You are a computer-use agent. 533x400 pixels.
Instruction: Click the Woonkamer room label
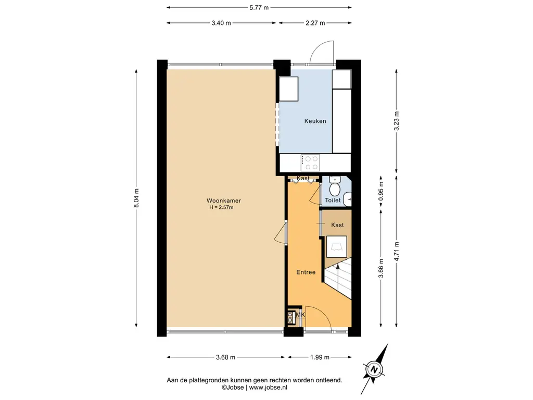tap(224, 201)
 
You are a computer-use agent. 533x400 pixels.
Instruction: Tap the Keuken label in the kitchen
tap(315, 121)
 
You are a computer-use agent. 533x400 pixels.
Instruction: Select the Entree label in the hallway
tap(306, 272)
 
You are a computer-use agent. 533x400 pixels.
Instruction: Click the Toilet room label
tap(333, 201)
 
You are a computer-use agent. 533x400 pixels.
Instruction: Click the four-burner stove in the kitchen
tap(310, 162)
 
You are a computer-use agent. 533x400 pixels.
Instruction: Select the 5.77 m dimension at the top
tap(259, 7)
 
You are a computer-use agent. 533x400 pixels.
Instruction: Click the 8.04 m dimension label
tap(136, 198)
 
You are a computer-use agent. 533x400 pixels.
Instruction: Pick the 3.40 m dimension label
tap(221, 23)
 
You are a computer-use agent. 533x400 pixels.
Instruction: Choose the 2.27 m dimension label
tap(315, 23)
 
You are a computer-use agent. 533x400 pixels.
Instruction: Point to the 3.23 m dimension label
tap(396, 121)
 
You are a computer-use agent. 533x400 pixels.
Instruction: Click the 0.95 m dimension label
tap(381, 191)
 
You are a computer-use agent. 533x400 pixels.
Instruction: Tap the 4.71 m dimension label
tap(396, 252)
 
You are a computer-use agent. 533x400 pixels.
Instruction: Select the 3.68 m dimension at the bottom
tap(226, 357)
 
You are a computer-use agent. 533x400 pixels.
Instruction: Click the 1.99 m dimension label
tap(320, 357)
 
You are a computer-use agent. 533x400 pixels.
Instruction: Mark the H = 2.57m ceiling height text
tap(221, 207)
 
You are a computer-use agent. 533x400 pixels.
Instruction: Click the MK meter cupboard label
tap(300, 315)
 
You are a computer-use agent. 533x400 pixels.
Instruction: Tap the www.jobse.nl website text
tap(268, 387)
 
